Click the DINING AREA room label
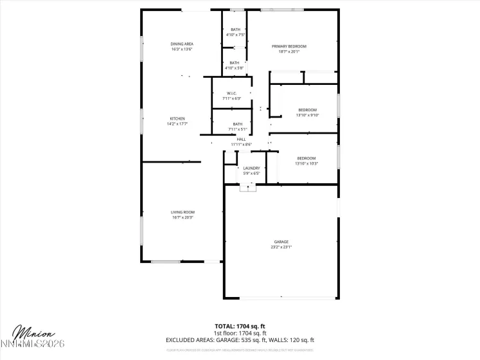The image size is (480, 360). click(182, 44)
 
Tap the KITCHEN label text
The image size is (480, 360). click(177, 118)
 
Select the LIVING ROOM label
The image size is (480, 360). click(182, 212)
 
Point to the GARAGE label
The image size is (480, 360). click(281, 242)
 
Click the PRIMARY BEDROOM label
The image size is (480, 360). click(289, 46)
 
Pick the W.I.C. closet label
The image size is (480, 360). click(231, 93)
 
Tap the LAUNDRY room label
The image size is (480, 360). click(251, 168)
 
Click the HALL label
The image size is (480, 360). click(241, 139)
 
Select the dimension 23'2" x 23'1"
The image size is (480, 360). click(281, 247)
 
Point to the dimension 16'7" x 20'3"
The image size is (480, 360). click(182, 217)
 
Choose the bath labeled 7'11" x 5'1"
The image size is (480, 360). click(238, 129)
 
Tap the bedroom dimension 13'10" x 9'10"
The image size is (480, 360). click(307, 115)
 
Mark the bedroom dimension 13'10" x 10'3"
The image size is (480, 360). click(307, 163)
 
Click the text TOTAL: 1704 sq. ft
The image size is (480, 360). click(240, 326)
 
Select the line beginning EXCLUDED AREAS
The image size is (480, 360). click(240, 339)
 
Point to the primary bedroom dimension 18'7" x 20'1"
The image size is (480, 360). click(289, 51)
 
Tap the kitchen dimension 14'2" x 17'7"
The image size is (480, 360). click(177, 123)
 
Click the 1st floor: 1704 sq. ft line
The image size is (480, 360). click(240, 332)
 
